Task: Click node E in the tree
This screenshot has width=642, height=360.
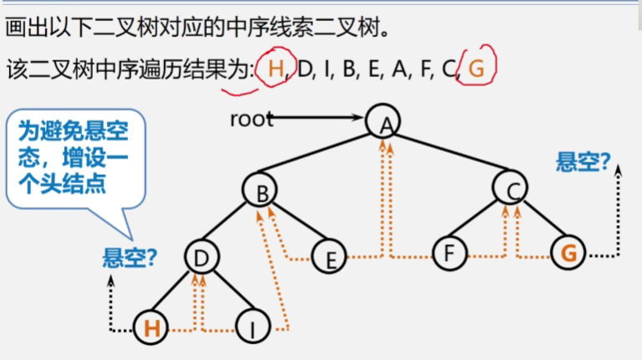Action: [x=330, y=257]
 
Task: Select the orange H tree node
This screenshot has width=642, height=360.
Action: [x=152, y=327]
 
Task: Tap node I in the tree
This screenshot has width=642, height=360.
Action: [x=251, y=327]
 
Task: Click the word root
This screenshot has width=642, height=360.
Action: [x=251, y=119]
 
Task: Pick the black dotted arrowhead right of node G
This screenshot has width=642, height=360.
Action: [x=619, y=170]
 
